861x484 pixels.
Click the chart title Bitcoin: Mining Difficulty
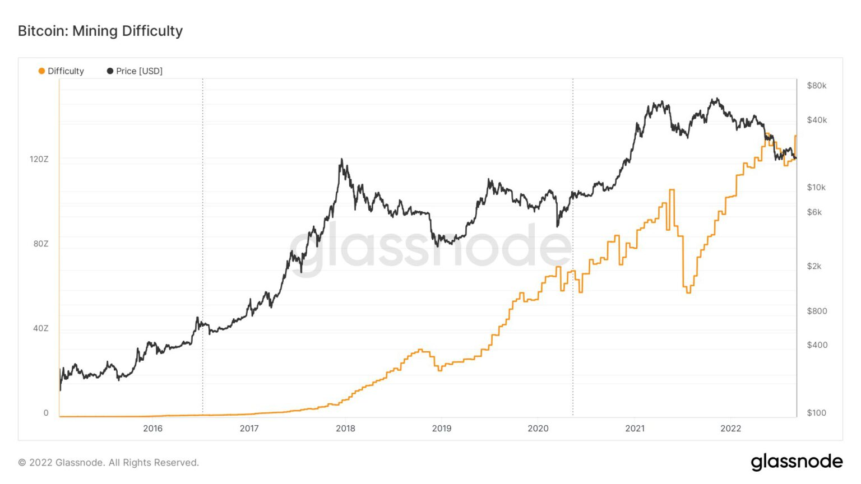(x=100, y=31)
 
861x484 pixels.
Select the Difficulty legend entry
(x=61, y=71)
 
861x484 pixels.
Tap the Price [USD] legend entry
(x=135, y=71)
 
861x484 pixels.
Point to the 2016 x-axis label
(x=152, y=429)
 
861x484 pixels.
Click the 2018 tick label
(x=345, y=429)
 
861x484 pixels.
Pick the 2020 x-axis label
(x=538, y=429)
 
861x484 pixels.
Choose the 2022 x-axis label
(x=730, y=429)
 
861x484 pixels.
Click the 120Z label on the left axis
(x=39, y=159)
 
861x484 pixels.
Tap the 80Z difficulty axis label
(x=41, y=244)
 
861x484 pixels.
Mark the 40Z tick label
(x=41, y=328)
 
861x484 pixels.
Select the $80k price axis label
(x=817, y=86)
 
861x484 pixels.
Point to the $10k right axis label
(x=816, y=188)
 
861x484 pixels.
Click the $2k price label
(x=814, y=266)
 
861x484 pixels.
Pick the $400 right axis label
(x=817, y=345)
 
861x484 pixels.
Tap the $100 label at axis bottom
(x=817, y=413)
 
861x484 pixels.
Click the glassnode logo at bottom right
(x=797, y=462)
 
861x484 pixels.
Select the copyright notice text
(x=109, y=463)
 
